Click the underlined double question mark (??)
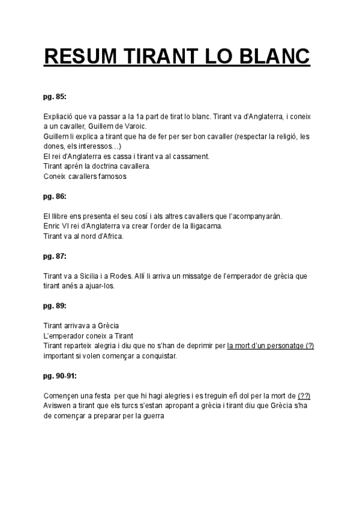(x=304, y=396)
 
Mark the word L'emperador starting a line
(x=64, y=336)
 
